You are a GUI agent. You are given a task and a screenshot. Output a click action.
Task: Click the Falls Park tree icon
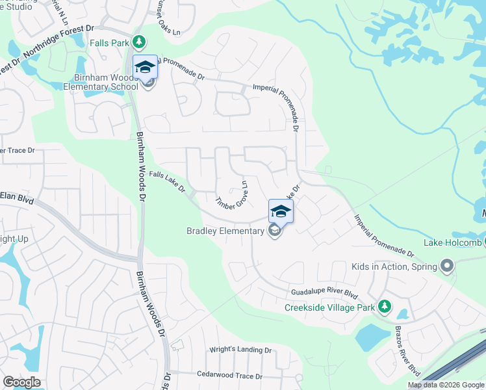[138, 42]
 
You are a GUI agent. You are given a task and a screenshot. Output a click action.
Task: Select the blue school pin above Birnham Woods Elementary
[146, 66]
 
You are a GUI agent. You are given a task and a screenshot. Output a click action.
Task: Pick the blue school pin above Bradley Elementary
[281, 211]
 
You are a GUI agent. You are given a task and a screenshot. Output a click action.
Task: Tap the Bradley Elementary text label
[225, 231]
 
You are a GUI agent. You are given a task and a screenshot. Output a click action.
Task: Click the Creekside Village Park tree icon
[385, 306]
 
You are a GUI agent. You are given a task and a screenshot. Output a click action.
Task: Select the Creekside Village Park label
[331, 307]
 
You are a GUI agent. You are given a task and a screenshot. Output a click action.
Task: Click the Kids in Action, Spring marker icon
[446, 266]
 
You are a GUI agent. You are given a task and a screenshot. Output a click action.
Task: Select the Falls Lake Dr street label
[168, 182]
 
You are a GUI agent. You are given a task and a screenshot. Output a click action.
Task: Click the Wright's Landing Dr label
[240, 350]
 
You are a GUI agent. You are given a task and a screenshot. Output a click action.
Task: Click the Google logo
[21, 382]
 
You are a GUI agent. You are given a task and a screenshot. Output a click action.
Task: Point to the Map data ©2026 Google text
[446, 385]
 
